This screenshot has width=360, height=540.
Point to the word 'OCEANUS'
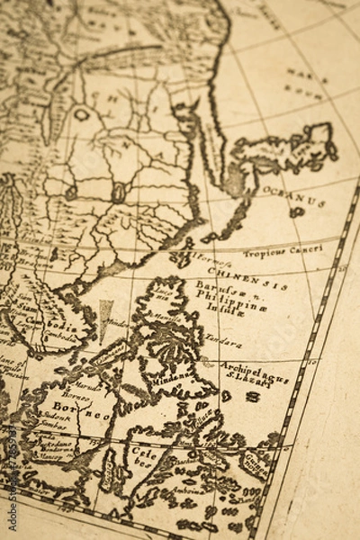(292, 196)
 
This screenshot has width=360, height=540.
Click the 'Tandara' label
(222, 343)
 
